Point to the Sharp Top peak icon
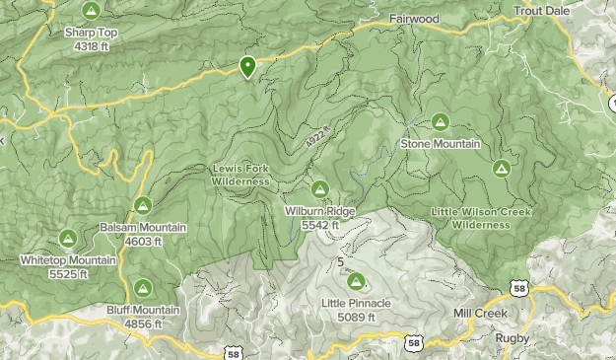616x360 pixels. tap(91, 11)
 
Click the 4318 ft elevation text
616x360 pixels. tap(92, 45)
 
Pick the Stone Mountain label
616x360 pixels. tap(440, 144)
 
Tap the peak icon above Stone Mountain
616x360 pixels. tap(440, 122)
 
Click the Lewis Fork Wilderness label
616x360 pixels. tap(240, 175)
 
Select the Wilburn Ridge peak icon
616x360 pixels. tap(319, 188)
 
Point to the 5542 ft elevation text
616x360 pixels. tap(320, 225)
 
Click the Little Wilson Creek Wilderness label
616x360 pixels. tap(481, 218)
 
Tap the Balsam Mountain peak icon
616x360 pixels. tap(142, 206)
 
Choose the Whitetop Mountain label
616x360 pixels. tap(68, 260)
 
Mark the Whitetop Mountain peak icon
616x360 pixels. tap(68, 238)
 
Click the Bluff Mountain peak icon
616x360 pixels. tap(142, 288)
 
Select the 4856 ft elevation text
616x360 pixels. tap(143, 323)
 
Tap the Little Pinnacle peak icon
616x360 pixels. tap(356, 282)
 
